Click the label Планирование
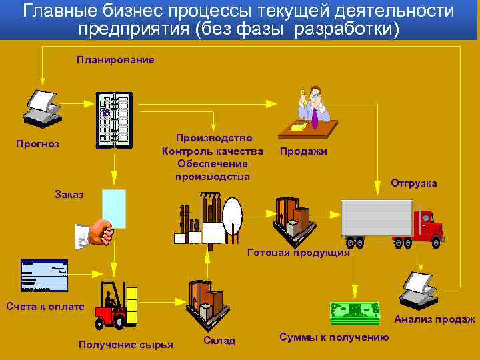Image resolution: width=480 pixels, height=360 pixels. click(x=115, y=60)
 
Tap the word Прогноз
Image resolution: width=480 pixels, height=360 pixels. click(x=38, y=144)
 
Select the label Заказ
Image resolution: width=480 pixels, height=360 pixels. click(x=69, y=195)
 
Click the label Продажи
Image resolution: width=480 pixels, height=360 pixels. click(x=303, y=151)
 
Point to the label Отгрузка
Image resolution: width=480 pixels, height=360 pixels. click(x=413, y=183)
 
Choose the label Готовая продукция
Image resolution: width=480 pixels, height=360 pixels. click(x=298, y=253)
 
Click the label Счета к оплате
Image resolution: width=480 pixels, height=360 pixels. click(x=45, y=307)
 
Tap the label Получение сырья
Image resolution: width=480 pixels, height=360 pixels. click(x=126, y=344)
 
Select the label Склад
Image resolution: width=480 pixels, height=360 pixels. click(x=219, y=341)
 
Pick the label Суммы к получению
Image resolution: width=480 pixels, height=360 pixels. click(x=335, y=337)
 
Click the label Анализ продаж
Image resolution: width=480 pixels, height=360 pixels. click(x=434, y=319)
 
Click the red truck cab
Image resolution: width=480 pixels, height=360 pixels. click(x=427, y=227)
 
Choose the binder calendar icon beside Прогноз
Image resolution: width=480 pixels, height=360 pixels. click(x=114, y=119)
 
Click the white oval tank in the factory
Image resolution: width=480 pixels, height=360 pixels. click(x=233, y=213)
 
